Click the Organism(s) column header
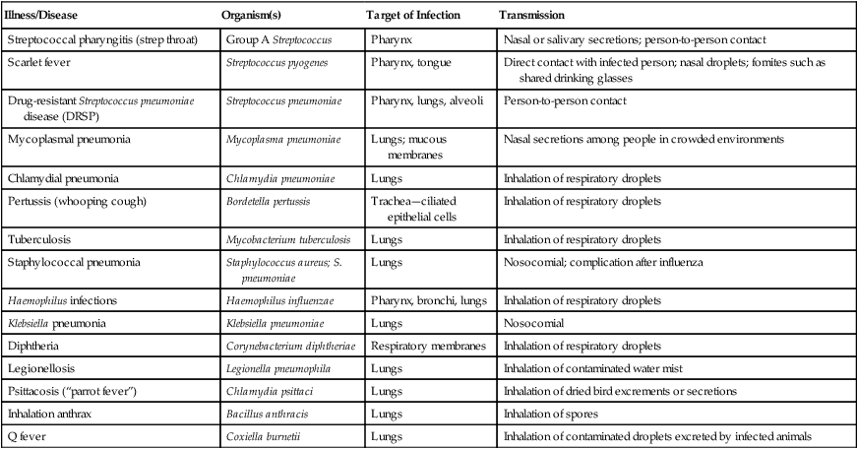coord(256,18)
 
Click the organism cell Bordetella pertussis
coord(267,202)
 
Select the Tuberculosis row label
coord(41,238)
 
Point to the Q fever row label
coord(30,434)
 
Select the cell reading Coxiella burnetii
coord(259,434)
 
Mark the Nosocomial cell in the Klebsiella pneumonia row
coord(535,323)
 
